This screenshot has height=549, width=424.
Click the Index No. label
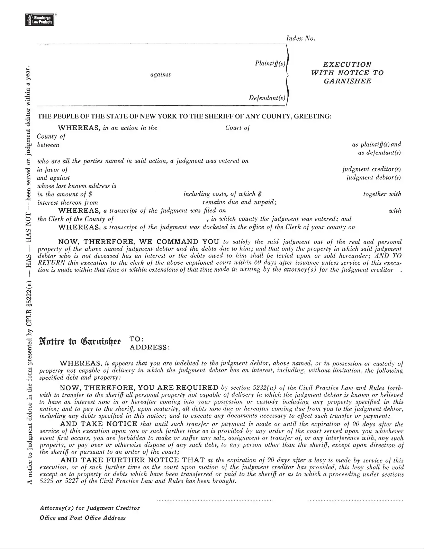click(300, 38)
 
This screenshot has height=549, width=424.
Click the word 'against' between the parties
click(160, 74)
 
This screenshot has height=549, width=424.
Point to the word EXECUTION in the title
click(347, 64)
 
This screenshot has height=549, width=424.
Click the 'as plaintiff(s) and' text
click(376, 144)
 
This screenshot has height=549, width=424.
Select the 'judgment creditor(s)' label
click(371, 169)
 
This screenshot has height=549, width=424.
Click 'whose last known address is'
click(76, 186)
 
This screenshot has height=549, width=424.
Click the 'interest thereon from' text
click(67, 202)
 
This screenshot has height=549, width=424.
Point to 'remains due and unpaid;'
click(239, 202)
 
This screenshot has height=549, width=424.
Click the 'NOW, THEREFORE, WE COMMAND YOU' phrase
click(138, 241)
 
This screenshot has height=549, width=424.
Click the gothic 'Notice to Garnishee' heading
click(80, 342)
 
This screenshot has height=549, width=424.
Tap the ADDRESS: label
click(150, 347)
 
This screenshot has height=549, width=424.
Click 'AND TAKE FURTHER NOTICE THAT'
click(133, 460)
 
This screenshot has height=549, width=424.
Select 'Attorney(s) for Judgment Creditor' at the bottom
click(90, 508)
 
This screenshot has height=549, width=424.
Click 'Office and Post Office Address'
click(83, 518)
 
